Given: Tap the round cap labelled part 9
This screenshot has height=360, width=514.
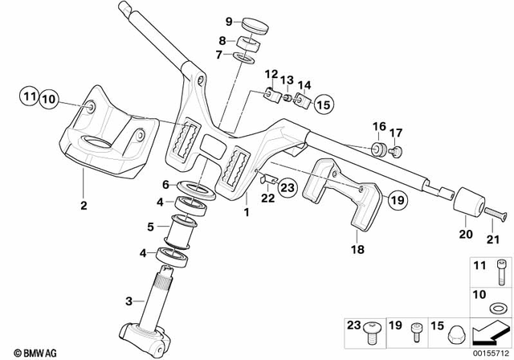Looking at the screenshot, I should coord(253,26).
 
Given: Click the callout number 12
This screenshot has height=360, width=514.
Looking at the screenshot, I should coord(272,74).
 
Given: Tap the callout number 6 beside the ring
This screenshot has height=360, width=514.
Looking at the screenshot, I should coord(165,183).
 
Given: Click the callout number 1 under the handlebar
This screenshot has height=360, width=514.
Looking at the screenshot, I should coord(247,213).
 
